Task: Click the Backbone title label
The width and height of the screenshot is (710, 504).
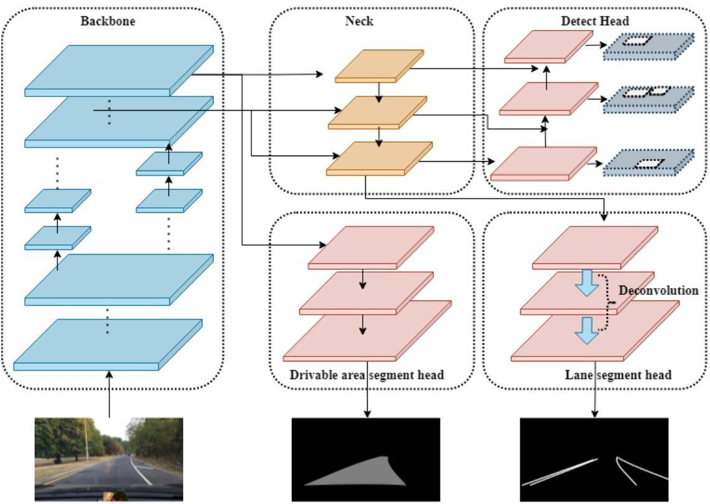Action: point(108,21)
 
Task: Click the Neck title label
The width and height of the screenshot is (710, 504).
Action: point(359,21)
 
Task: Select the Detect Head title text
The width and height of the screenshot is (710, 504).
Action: point(594,21)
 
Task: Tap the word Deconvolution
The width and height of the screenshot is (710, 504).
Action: point(658,291)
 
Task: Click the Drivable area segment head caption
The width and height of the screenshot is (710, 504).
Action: point(367,375)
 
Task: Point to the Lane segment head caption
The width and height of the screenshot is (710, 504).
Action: point(618,375)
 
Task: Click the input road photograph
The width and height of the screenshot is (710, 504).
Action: point(109,459)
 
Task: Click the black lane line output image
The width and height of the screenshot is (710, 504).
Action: point(594,459)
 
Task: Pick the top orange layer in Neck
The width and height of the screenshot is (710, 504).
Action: point(380,66)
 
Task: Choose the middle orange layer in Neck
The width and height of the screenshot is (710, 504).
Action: point(378,112)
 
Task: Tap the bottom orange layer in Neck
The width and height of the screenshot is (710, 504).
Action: point(379,158)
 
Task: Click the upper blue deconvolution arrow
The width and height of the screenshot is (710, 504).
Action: point(586,283)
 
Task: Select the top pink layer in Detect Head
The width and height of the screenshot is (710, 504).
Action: point(548,47)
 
